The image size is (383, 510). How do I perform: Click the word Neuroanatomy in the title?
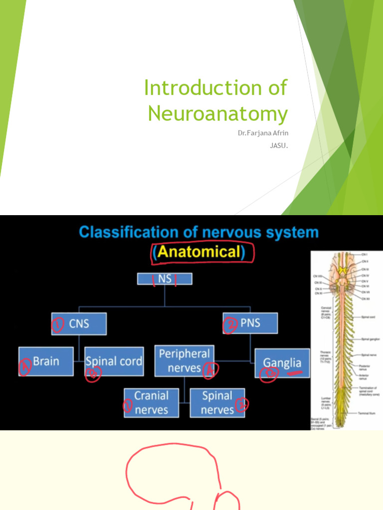point(218,114)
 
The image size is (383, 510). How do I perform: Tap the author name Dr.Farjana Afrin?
point(263,134)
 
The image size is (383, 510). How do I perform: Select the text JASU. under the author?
point(278,147)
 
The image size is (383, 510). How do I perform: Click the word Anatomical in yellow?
point(199,253)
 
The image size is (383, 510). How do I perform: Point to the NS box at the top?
point(165,279)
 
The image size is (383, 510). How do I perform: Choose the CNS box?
point(79,324)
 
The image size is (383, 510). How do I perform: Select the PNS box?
point(250,323)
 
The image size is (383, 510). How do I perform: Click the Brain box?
point(46,361)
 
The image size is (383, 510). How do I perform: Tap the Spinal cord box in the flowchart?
point(114,361)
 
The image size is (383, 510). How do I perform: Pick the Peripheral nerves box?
point(185,361)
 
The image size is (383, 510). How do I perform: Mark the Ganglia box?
point(282,364)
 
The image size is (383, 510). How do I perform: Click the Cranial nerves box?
point(151,403)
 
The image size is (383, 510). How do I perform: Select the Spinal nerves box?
point(217,403)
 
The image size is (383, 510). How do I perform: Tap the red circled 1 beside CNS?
point(58,325)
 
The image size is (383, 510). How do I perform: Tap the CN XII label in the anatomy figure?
point(366,298)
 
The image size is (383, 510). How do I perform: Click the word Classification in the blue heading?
point(128,232)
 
